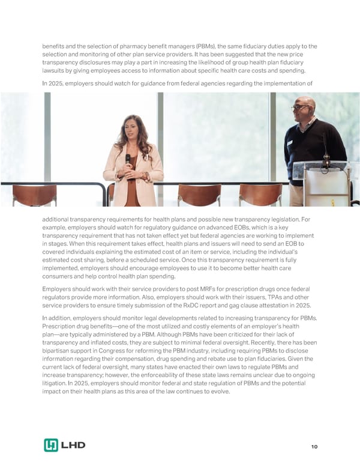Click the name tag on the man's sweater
point(289,143)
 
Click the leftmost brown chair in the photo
point(34,195)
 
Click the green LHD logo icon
point(51,445)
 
